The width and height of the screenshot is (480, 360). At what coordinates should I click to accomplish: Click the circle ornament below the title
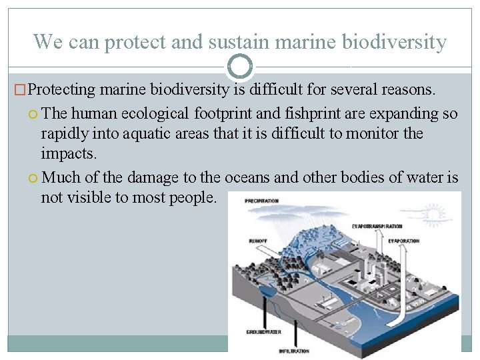(x=240, y=67)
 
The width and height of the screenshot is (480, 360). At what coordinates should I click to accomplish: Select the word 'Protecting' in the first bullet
(x=63, y=89)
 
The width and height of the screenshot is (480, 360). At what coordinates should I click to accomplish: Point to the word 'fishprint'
(x=310, y=114)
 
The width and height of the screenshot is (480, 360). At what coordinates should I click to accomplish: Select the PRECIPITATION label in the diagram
(x=261, y=201)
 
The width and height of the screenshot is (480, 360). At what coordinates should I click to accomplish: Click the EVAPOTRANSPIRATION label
(x=377, y=227)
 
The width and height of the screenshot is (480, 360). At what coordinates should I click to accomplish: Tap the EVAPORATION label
(x=403, y=241)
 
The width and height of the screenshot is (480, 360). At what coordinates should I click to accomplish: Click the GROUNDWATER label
(x=263, y=331)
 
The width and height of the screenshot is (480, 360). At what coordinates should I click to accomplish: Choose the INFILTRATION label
(x=294, y=351)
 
